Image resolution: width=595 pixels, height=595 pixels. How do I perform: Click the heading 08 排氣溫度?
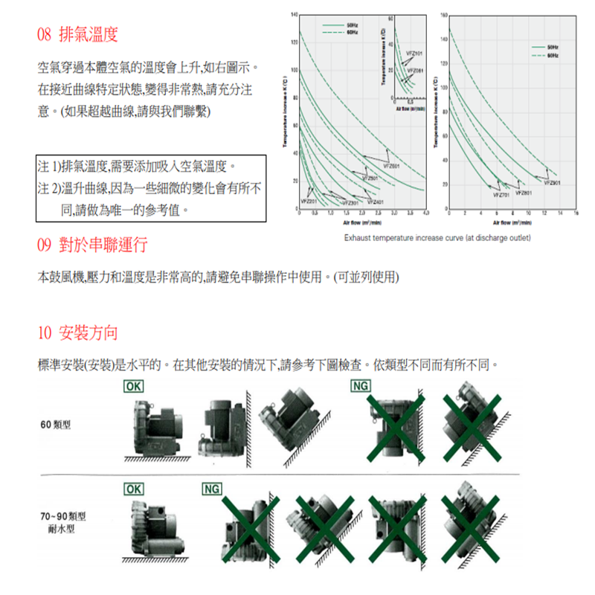(x=77, y=35)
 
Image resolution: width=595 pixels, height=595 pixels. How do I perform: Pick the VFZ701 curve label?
(x=501, y=194)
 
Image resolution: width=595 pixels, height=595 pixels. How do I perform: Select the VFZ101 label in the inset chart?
(x=414, y=55)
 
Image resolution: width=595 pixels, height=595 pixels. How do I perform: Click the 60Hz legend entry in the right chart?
(x=553, y=55)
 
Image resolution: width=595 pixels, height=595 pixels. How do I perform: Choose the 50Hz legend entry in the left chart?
(x=353, y=25)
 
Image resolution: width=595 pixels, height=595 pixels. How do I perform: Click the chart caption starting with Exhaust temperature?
(x=437, y=239)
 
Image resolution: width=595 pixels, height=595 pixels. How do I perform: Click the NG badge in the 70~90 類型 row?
(x=212, y=489)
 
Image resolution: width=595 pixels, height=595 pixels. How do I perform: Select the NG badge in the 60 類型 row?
(x=361, y=386)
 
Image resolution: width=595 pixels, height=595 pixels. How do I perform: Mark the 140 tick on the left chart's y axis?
(x=294, y=15)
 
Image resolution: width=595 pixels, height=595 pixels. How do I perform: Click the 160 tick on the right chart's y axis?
(x=443, y=15)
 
